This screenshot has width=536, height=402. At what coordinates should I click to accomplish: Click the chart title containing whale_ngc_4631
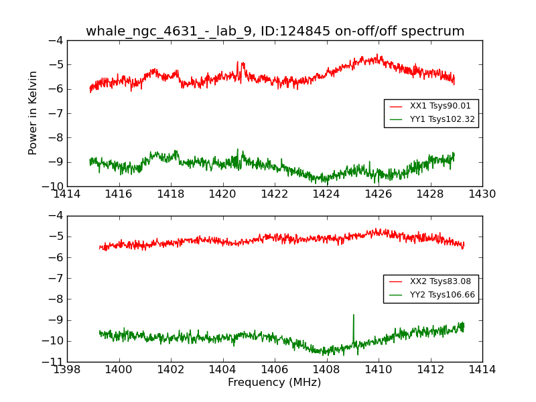point(275,31)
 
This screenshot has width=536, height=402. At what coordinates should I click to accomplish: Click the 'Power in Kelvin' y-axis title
point(33,113)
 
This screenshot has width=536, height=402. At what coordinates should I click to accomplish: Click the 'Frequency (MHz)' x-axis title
point(275,383)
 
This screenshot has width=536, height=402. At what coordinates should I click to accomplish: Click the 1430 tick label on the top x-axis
point(482,194)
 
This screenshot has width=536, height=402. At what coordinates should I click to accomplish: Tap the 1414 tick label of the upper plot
point(68,194)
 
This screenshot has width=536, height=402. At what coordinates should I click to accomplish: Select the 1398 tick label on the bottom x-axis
point(68,370)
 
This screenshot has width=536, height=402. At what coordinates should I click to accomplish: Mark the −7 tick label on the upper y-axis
point(57,113)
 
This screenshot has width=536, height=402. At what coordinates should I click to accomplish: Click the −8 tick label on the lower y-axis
point(57,299)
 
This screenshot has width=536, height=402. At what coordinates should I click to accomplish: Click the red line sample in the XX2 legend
point(396,281)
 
